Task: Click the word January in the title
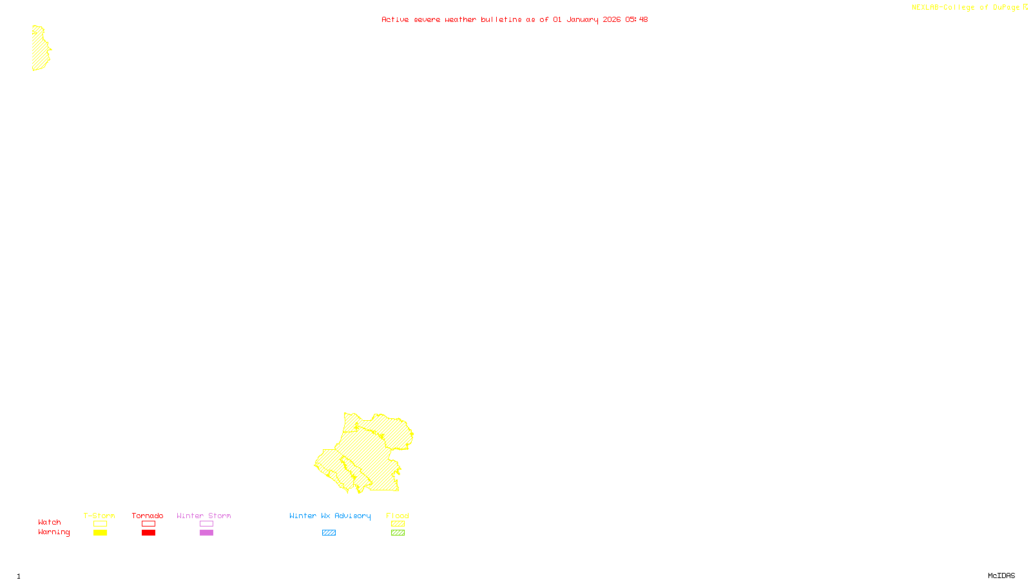click(x=582, y=19)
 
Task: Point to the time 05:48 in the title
click(x=636, y=19)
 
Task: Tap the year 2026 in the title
click(x=612, y=19)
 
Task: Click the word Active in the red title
click(x=394, y=19)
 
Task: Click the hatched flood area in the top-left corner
click(x=40, y=49)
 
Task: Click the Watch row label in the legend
click(x=50, y=523)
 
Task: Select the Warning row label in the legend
click(x=53, y=532)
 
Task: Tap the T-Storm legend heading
click(x=99, y=516)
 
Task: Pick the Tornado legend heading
click(x=148, y=516)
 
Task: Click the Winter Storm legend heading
click(x=204, y=516)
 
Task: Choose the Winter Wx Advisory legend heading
click(x=330, y=516)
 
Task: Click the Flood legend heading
click(x=398, y=516)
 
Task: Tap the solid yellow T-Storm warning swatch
click(x=100, y=533)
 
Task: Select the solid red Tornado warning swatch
click(x=148, y=533)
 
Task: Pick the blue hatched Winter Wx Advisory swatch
click(x=329, y=533)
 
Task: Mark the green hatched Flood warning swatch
click(x=398, y=533)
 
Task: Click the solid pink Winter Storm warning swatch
click(x=206, y=533)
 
